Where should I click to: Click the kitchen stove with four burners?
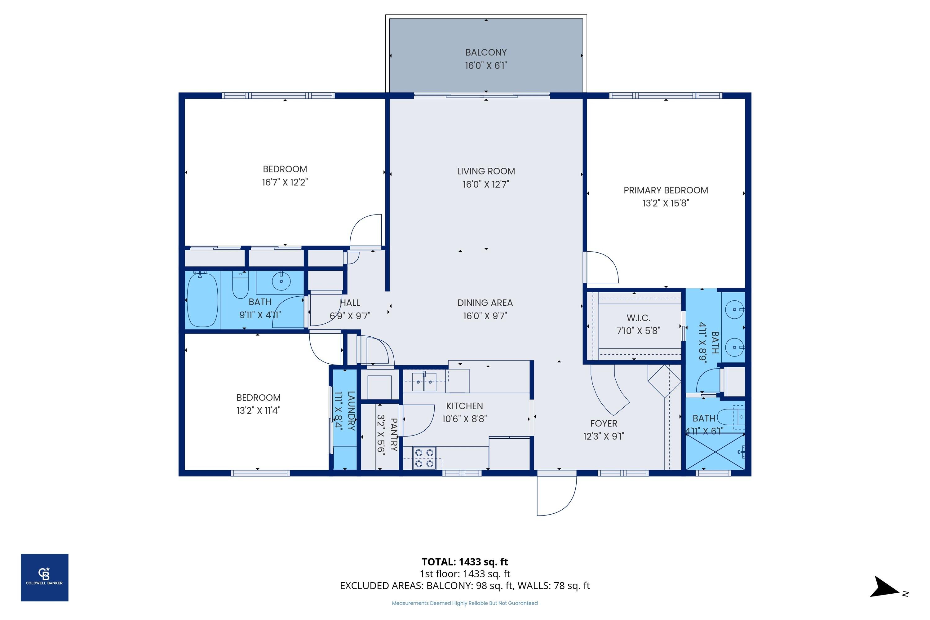pos(424,458)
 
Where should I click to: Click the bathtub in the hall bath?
pos(202,300)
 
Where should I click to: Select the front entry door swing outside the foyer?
pos(556,495)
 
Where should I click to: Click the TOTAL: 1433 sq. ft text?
pos(465,561)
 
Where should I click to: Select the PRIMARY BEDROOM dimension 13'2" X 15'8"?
pos(666,203)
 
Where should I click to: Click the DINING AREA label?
pos(485,303)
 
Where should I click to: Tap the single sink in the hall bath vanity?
pos(281,281)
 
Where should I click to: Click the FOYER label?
pos(603,423)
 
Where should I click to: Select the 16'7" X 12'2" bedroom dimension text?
pos(285,182)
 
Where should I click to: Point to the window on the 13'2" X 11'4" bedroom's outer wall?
pos(260,473)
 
